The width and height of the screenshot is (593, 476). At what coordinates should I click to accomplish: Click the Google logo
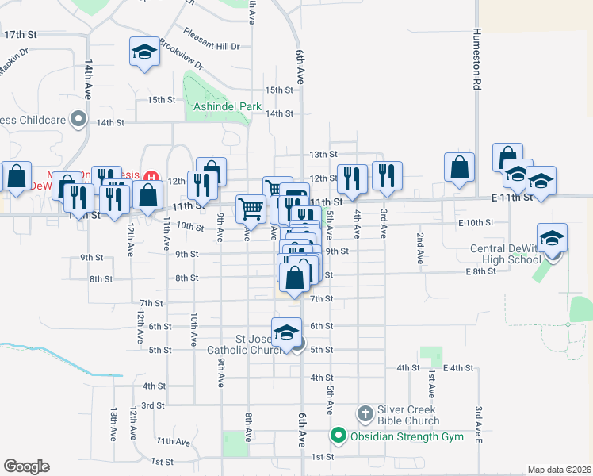26,466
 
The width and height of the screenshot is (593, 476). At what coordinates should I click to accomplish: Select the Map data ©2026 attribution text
559,470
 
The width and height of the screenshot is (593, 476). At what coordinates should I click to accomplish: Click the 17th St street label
21,35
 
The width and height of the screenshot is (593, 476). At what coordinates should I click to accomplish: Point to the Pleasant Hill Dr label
211,39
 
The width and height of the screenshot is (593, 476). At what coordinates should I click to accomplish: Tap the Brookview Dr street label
181,54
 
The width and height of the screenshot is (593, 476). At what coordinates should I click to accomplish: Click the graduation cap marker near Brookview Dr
143,53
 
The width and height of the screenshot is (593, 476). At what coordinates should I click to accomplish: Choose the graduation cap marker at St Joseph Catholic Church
287,332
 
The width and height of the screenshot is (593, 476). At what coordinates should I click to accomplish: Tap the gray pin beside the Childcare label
78,120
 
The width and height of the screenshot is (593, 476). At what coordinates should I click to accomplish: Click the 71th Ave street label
172,441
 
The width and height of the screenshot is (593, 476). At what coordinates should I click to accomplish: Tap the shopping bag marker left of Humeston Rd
459,167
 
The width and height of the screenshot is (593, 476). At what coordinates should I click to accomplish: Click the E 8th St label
480,271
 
